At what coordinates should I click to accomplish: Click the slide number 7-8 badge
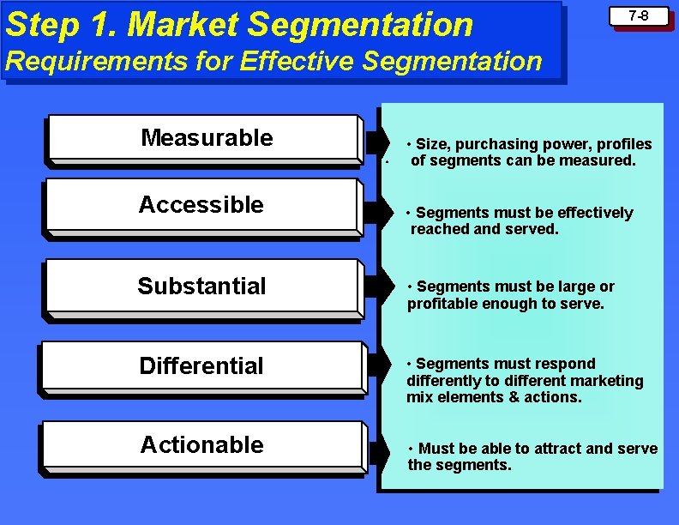coord(640,16)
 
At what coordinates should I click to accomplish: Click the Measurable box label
coord(207,137)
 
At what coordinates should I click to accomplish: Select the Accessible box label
coord(201,205)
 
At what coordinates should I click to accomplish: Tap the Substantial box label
coord(201,286)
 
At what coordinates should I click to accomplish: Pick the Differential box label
coord(201,365)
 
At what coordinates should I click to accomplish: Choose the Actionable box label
coord(201,444)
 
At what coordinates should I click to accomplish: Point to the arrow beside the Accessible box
coord(374,213)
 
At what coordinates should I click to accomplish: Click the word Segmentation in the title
coord(361,25)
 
